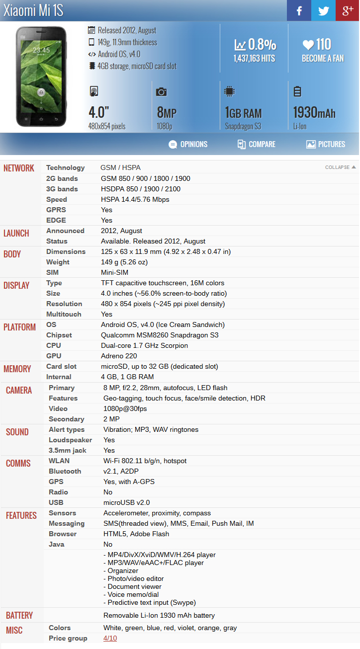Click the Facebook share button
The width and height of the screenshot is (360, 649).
coord(299,10)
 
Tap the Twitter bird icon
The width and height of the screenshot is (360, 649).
coord(323,10)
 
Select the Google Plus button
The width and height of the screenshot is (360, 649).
coord(348,10)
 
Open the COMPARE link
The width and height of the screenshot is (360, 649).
coord(256,144)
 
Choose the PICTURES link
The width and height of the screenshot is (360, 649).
coord(326,144)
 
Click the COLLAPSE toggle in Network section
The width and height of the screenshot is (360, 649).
coord(340,167)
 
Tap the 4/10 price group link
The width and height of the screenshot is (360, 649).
coord(110,638)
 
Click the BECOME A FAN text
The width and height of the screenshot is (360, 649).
coord(323,58)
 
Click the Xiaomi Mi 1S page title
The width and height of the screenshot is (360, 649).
coord(33,11)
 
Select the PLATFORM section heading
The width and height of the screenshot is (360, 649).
coord(20,327)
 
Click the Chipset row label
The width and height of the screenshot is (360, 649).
coord(59,335)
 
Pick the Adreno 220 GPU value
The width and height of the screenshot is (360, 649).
coord(119,356)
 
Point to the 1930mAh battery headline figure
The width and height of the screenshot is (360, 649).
coord(314,113)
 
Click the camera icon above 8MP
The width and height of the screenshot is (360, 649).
coord(161,91)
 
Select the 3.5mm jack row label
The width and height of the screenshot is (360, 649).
coord(68,450)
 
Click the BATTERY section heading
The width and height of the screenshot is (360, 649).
coord(19,615)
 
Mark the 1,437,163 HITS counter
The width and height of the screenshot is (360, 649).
coord(255,58)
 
